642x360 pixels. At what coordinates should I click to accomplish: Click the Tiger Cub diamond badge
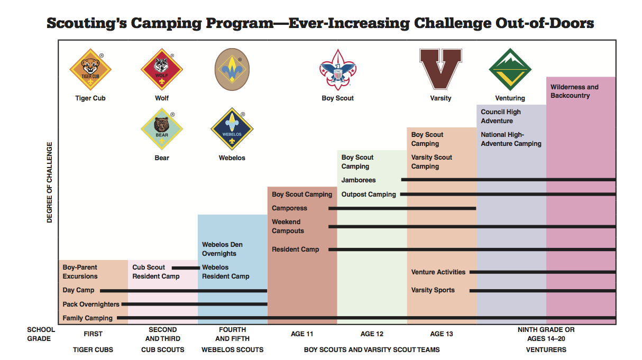click(x=90, y=69)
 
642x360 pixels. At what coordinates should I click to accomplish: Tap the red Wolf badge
click(x=162, y=69)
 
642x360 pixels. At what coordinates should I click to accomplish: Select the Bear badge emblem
click(x=162, y=129)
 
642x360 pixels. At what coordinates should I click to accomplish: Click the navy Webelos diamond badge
click(x=232, y=129)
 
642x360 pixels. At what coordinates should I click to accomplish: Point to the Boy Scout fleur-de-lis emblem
click(x=337, y=70)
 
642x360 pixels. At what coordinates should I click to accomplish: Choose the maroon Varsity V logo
click(x=441, y=69)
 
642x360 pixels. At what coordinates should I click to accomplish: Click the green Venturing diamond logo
click(x=510, y=69)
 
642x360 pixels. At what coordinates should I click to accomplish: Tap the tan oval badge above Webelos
click(x=232, y=69)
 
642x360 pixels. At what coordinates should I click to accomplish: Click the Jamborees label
click(x=358, y=180)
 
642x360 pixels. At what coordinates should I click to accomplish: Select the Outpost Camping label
click(x=368, y=195)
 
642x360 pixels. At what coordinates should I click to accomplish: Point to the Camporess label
click(x=289, y=208)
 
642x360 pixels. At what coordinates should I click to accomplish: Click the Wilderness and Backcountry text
click(x=574, y=91)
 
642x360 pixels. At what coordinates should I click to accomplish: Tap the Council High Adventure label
click(x=501, y=116)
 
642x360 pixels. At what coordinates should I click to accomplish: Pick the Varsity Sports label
click(x=433, y=290)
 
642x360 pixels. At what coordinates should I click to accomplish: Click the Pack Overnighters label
click(x=91, y=304)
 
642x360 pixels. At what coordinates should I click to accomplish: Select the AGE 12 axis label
click(x=372, y=334)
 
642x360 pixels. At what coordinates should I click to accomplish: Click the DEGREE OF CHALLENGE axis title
click(x=49, y=182)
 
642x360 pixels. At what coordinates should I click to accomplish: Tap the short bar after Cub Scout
click(x=186, y=268)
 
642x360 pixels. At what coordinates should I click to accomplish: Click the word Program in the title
click(x=240, y=23)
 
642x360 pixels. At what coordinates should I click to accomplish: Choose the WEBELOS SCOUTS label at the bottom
click(x=232, y=349)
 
